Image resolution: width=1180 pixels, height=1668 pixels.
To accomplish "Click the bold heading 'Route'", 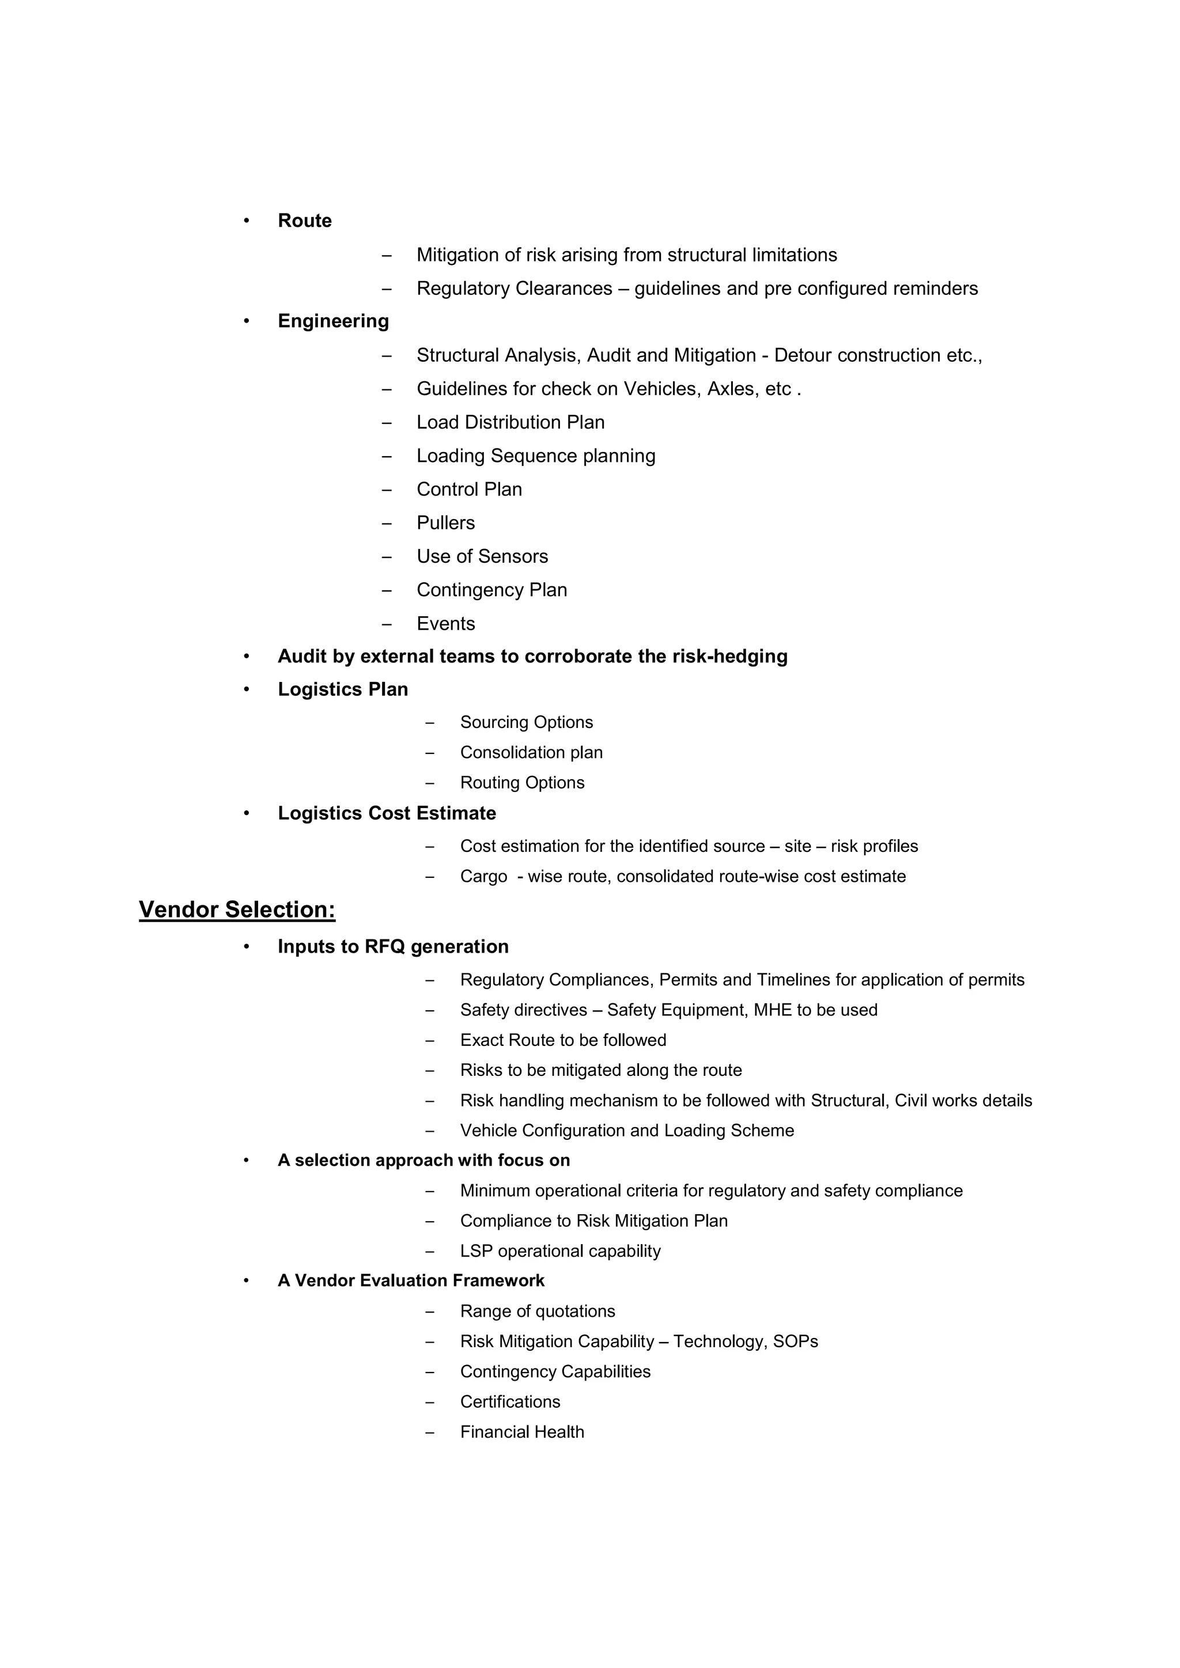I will tap(304, 221).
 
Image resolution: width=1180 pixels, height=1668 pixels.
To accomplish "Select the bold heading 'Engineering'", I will tap(333, 321).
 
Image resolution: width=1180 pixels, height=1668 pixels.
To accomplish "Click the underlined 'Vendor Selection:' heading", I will tap(237, 909).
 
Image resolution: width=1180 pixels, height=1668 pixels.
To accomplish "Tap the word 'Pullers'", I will tap(445, 523).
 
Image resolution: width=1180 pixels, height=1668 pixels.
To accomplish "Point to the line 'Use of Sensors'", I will tap(482, 556).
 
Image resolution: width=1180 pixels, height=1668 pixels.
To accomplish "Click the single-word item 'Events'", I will tap(445, 624).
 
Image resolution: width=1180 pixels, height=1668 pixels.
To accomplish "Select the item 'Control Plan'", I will tap(468, 490).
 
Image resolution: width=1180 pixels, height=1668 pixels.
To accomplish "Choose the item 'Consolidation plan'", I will tap(531, 753).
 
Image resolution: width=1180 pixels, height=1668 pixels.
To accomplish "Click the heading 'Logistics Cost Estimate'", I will tap(387, 814).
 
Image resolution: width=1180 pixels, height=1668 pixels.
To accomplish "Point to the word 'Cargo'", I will tap(483, 877).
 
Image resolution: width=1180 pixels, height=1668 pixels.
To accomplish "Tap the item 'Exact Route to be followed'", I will tap(562, 1040).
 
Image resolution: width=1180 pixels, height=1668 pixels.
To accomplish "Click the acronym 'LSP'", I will tap(476, 1251).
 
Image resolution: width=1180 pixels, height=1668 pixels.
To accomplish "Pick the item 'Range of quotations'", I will tap(537, 1311).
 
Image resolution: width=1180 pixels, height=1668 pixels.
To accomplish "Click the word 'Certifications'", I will tap(510, 1402).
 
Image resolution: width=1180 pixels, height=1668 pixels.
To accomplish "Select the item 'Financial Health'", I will tap(521, 1432).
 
